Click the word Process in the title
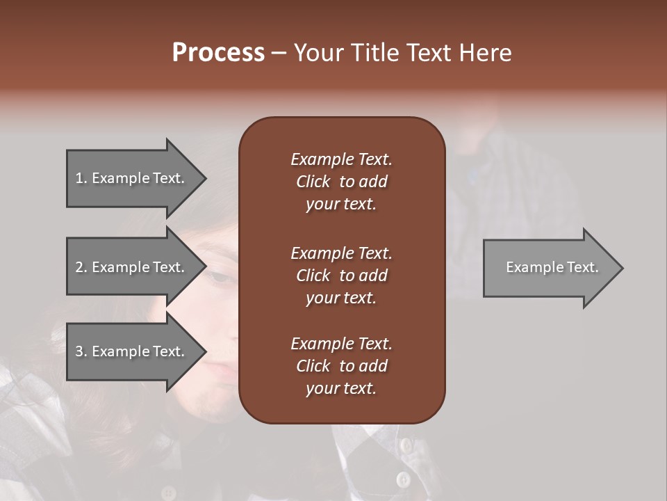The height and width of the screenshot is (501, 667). click(218, 53)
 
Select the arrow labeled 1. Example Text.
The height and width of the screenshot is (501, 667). click(132, 178)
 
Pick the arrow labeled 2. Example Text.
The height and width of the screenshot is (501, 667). click(132, 267)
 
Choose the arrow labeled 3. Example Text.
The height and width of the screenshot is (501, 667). click(132, 351)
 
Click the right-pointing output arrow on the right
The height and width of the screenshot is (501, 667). click(549, 267)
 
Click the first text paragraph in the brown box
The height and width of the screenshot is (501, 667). click(341, 182)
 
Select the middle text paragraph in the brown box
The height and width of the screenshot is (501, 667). click(341, 276)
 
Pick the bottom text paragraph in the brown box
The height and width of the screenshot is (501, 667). click(341, 366)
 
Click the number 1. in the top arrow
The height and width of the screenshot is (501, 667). click(81, 178)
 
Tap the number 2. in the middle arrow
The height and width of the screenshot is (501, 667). click(81, 267)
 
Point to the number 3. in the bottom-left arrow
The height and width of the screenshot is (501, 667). click(81, 351)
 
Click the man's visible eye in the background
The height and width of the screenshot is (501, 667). click(222, 278)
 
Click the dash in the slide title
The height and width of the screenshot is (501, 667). click(279, 53)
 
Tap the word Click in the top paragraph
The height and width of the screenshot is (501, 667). click(313, 182)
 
